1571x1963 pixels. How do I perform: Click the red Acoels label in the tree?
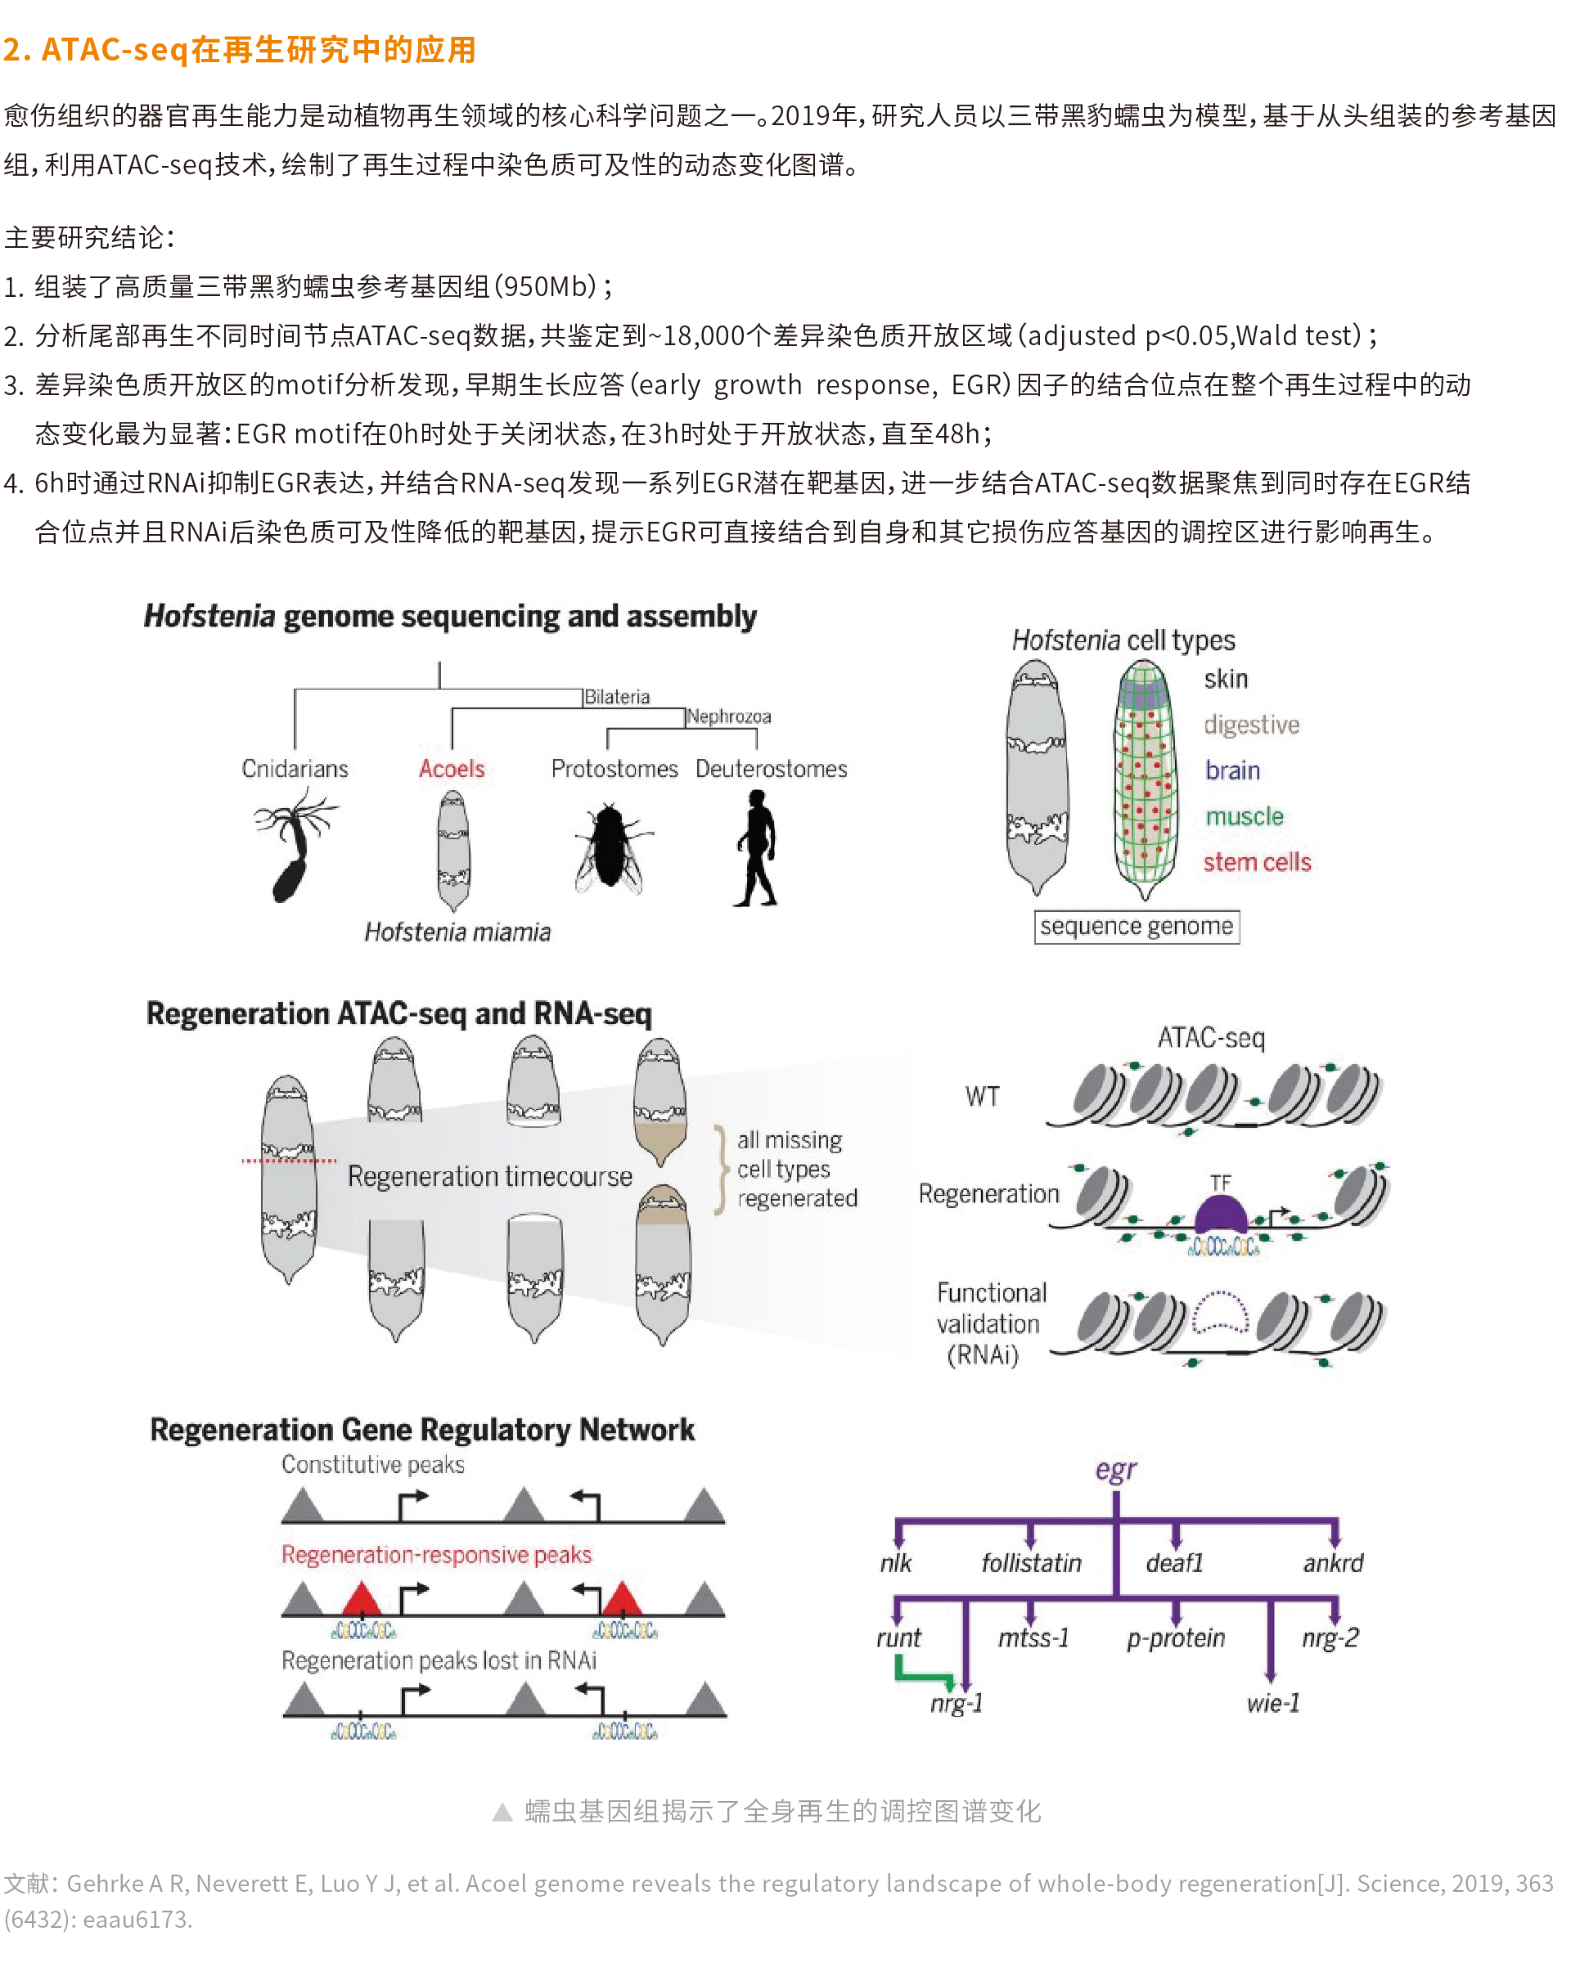click(x=452, y=770)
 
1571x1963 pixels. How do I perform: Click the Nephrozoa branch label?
click(x=728, y=716)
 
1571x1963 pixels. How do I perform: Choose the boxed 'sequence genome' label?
click(x=1136, y=927)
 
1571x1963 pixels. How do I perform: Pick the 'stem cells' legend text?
click(x=1257, y=862)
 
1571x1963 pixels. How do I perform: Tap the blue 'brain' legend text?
click(x=1232, y=771)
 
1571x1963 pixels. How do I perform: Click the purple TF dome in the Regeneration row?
click(x=1220, y=1215)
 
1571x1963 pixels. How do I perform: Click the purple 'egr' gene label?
click(x=1115, y=1471)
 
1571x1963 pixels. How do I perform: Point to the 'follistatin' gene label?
click(x=1031, y=1563)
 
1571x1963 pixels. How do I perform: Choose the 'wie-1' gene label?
click(x=1273, y=1704)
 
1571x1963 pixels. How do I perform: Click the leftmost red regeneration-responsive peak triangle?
click(x=362, y=1600)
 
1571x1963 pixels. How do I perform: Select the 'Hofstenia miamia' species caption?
click(x=457, y=932)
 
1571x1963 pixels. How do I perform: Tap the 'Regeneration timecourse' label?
click(x=489, y=1176)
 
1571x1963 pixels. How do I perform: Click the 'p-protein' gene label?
click(x=1176, y=1638)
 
